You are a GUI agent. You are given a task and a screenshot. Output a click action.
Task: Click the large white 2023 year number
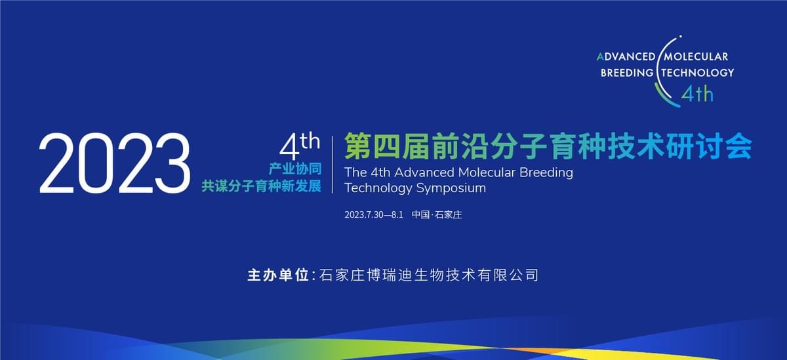click(x=115, y=163)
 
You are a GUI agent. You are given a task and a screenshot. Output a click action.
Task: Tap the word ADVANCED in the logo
click(x=626, y=57)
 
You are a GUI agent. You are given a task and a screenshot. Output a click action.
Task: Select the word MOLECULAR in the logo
click(x=696, y=57)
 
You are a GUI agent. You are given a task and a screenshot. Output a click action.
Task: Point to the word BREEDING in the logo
click(x=627, y=73)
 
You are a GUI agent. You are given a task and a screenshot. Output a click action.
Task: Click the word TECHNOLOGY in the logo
click(x=698, y=73)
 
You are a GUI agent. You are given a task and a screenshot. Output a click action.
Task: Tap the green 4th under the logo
click(x=697, y=94)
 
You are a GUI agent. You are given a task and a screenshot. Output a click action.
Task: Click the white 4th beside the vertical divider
click(x=300, y=146)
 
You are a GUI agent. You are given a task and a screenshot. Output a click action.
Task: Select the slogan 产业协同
click(x=295, y=169)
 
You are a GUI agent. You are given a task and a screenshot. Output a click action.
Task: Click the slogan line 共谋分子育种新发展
click(x=262, y=186)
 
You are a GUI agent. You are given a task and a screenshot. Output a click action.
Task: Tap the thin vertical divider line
click(x=333, y=165)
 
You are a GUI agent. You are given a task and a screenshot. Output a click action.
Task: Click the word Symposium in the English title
click(x=451, y=189)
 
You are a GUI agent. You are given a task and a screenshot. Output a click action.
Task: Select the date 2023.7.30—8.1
click(x=374, y=215)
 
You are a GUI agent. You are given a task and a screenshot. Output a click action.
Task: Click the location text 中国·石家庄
click(x=437, y=214)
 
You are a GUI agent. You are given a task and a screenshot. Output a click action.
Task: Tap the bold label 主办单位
click(x=278, y=275)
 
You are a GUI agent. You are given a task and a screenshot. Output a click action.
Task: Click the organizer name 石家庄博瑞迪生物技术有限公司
click(x=429, y=275)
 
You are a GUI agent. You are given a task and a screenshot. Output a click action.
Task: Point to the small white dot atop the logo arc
click(x=681, y=36)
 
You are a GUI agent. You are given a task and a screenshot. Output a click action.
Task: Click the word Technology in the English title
click(x=378, y=189)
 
